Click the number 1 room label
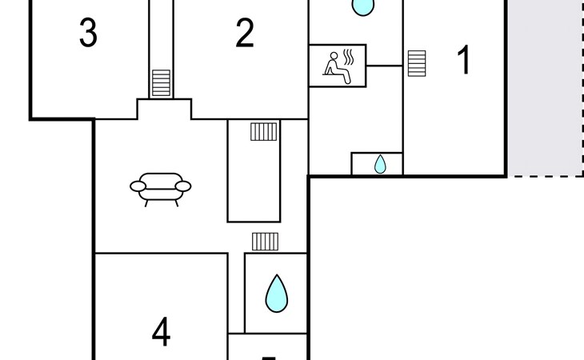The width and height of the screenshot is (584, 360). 464,62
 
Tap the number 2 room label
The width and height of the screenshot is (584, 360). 245,34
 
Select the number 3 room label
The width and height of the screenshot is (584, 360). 89,34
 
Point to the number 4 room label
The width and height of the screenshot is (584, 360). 162,332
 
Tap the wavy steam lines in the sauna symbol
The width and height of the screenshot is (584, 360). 349,57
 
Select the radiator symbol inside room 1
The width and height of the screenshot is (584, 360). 416,62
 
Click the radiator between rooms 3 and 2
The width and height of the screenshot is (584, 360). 161,82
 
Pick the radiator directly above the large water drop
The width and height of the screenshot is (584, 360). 264,241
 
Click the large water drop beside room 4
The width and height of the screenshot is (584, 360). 276,294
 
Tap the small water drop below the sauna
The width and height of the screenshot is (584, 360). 380,164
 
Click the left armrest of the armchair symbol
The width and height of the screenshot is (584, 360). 138,186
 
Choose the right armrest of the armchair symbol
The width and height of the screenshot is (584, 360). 183,186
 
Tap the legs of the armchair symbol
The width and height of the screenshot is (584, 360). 161,202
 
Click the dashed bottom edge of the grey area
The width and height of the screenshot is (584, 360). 546,175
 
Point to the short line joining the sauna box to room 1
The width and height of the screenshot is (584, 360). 384,66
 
